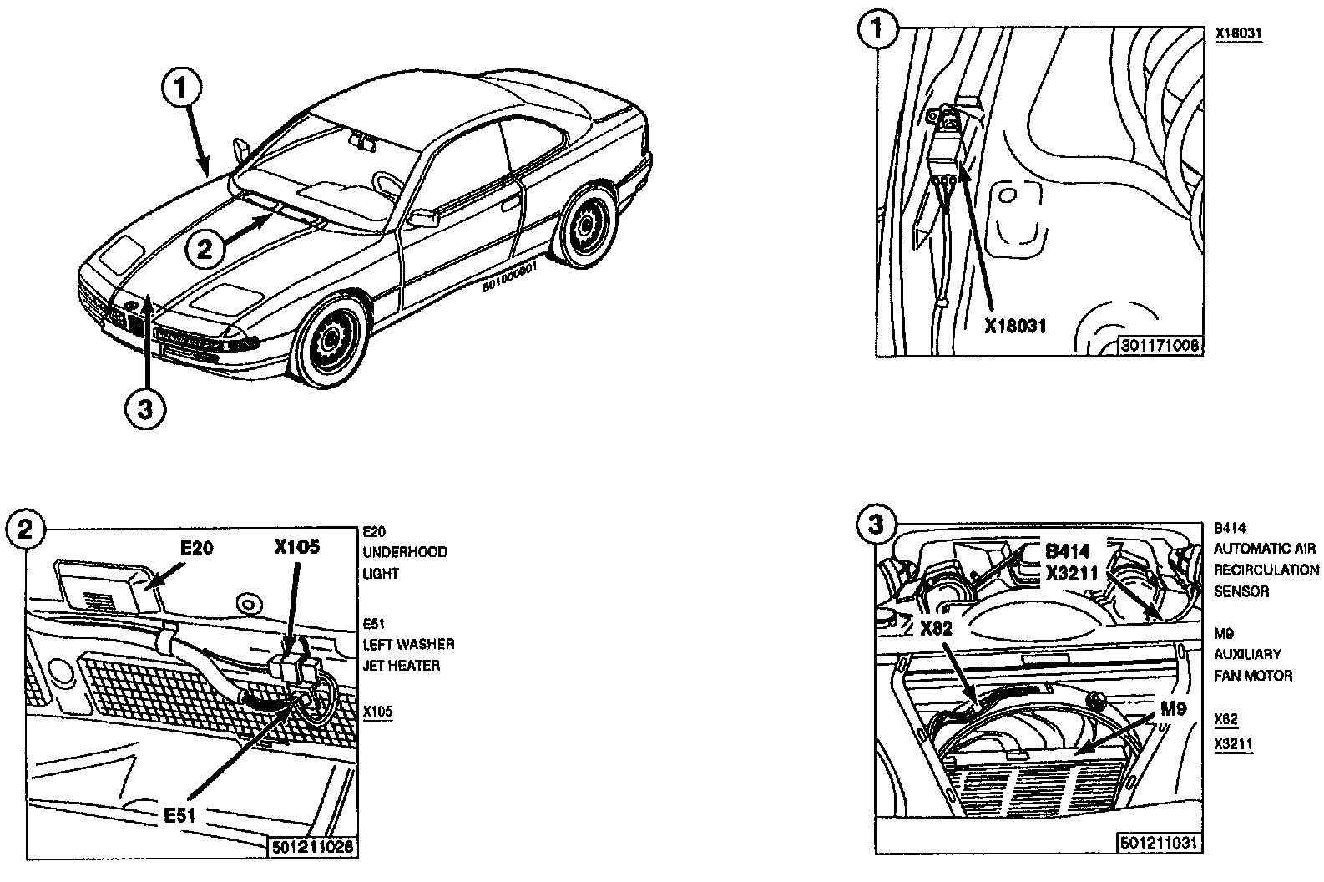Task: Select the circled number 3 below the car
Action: [x=146, y=410]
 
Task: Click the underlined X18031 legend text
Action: [x=1238, y=33]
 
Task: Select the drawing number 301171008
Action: [x=1161, y=345]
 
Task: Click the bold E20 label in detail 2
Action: [x=197, y=548]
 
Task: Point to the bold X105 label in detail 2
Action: [x=296, y=547]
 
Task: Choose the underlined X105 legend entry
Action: [x=378, y=712]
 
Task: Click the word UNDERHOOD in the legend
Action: [x=405, y=552]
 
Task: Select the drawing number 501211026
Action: [x=313, y=846]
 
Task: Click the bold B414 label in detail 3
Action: [x=1068, y=552]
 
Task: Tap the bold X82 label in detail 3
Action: [x=937, y=628]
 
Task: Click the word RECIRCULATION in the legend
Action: [x=1266, y=570]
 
